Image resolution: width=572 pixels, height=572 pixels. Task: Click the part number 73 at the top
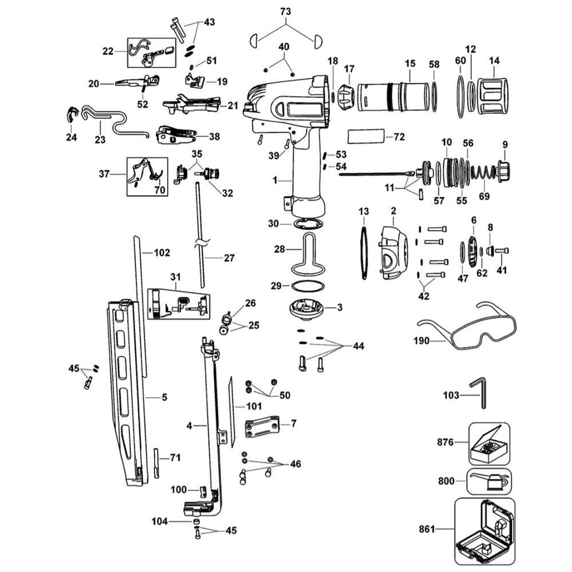point(285,11)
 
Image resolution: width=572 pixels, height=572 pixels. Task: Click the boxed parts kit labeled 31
point(178,303)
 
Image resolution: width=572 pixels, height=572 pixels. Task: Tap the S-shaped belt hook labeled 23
point(114,121)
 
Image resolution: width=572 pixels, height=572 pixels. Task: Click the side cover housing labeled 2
point(394,252)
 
